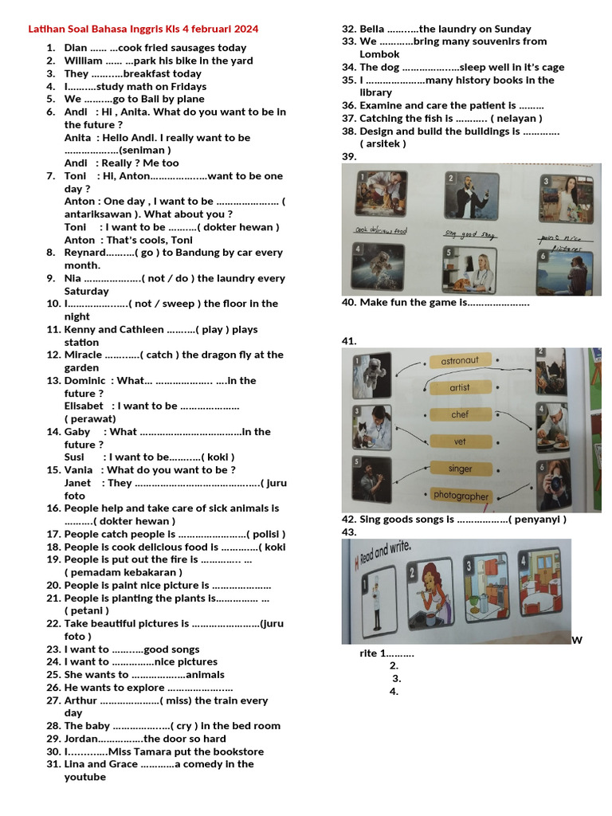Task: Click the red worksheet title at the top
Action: pos(143,29)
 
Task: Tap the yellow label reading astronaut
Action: pos(460,361)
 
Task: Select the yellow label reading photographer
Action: pos(461,496)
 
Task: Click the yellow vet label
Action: pos(460,441)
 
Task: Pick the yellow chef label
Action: pos(460,414)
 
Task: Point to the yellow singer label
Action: pos(460,469)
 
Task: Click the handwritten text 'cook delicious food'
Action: pos(382,231)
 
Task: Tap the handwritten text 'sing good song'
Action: pos(469,234)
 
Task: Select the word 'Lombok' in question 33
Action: pos(379,54)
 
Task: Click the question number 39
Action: pos(349,156)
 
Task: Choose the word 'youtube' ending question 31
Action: pos(84,777)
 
